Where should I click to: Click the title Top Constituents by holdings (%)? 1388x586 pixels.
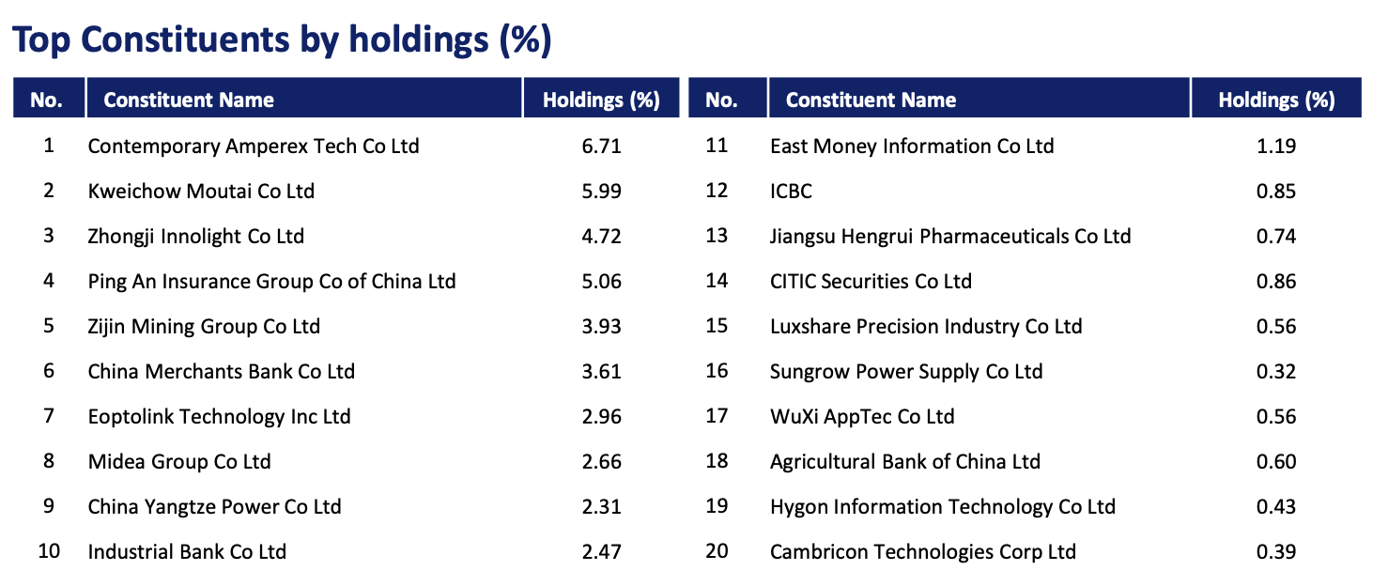(x=281, y=40)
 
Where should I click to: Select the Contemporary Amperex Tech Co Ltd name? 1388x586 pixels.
(x=254, y=146)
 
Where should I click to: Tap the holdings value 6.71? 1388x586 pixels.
(x=601, y=146)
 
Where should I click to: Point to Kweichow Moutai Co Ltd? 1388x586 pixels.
(x=201, y=192)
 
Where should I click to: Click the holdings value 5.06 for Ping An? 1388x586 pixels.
(x=601, y=282)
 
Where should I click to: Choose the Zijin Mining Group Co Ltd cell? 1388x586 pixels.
(x=204, y=327)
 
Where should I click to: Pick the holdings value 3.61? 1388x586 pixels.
(x=601, y=372)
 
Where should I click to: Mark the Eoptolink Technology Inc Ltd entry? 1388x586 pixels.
(x=219, y=417)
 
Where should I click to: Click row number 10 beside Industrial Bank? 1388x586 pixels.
(x=49, y=551)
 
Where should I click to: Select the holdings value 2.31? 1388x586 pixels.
(x=601, y=507)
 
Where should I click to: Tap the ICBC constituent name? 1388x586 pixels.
(x=791, y=192)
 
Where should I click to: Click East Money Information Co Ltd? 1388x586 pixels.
(x=912, y=146)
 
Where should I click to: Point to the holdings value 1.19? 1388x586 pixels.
(x=1275, y=146)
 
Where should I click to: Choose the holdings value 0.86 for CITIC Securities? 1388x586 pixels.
(x=1275, y=282)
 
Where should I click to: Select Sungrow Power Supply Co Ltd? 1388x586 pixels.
(x=906, y=372)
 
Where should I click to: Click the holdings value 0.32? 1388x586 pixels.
(x=1275, y=372)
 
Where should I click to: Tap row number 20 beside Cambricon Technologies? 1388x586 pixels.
(x=717, y=551)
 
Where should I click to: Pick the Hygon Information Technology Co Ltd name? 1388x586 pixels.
(x=943, y=507)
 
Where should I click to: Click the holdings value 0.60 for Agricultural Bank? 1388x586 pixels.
(x=1275, y=462)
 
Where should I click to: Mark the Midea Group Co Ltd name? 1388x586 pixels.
(x=179, y=462)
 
